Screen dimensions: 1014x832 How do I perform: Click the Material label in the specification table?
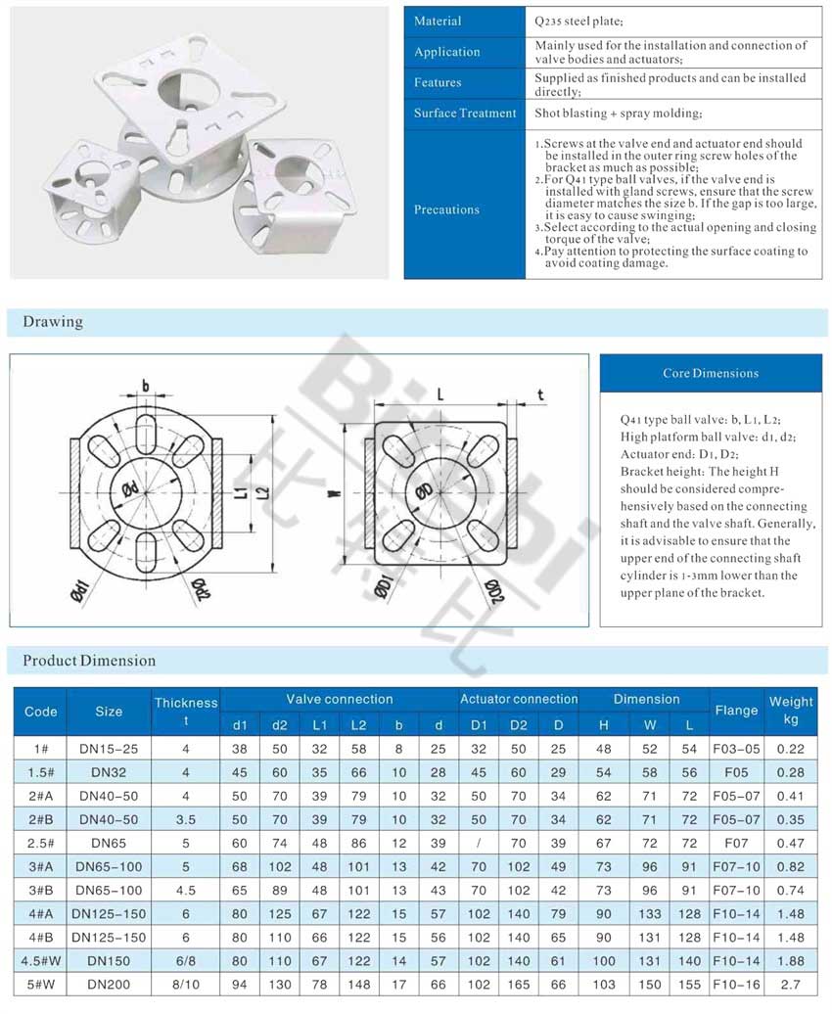438,22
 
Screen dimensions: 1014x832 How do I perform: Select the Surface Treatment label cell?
464,114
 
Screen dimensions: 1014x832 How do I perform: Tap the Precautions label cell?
446,209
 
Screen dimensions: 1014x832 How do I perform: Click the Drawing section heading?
53,322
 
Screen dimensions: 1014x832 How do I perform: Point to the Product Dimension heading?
89,661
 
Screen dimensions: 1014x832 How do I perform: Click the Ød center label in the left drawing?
130,488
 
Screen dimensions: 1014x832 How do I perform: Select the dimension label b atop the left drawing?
145,386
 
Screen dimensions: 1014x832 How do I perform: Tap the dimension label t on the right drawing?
540,394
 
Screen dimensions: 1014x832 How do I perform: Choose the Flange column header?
736,711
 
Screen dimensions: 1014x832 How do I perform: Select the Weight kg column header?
791,711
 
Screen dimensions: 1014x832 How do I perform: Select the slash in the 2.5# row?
478,842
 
